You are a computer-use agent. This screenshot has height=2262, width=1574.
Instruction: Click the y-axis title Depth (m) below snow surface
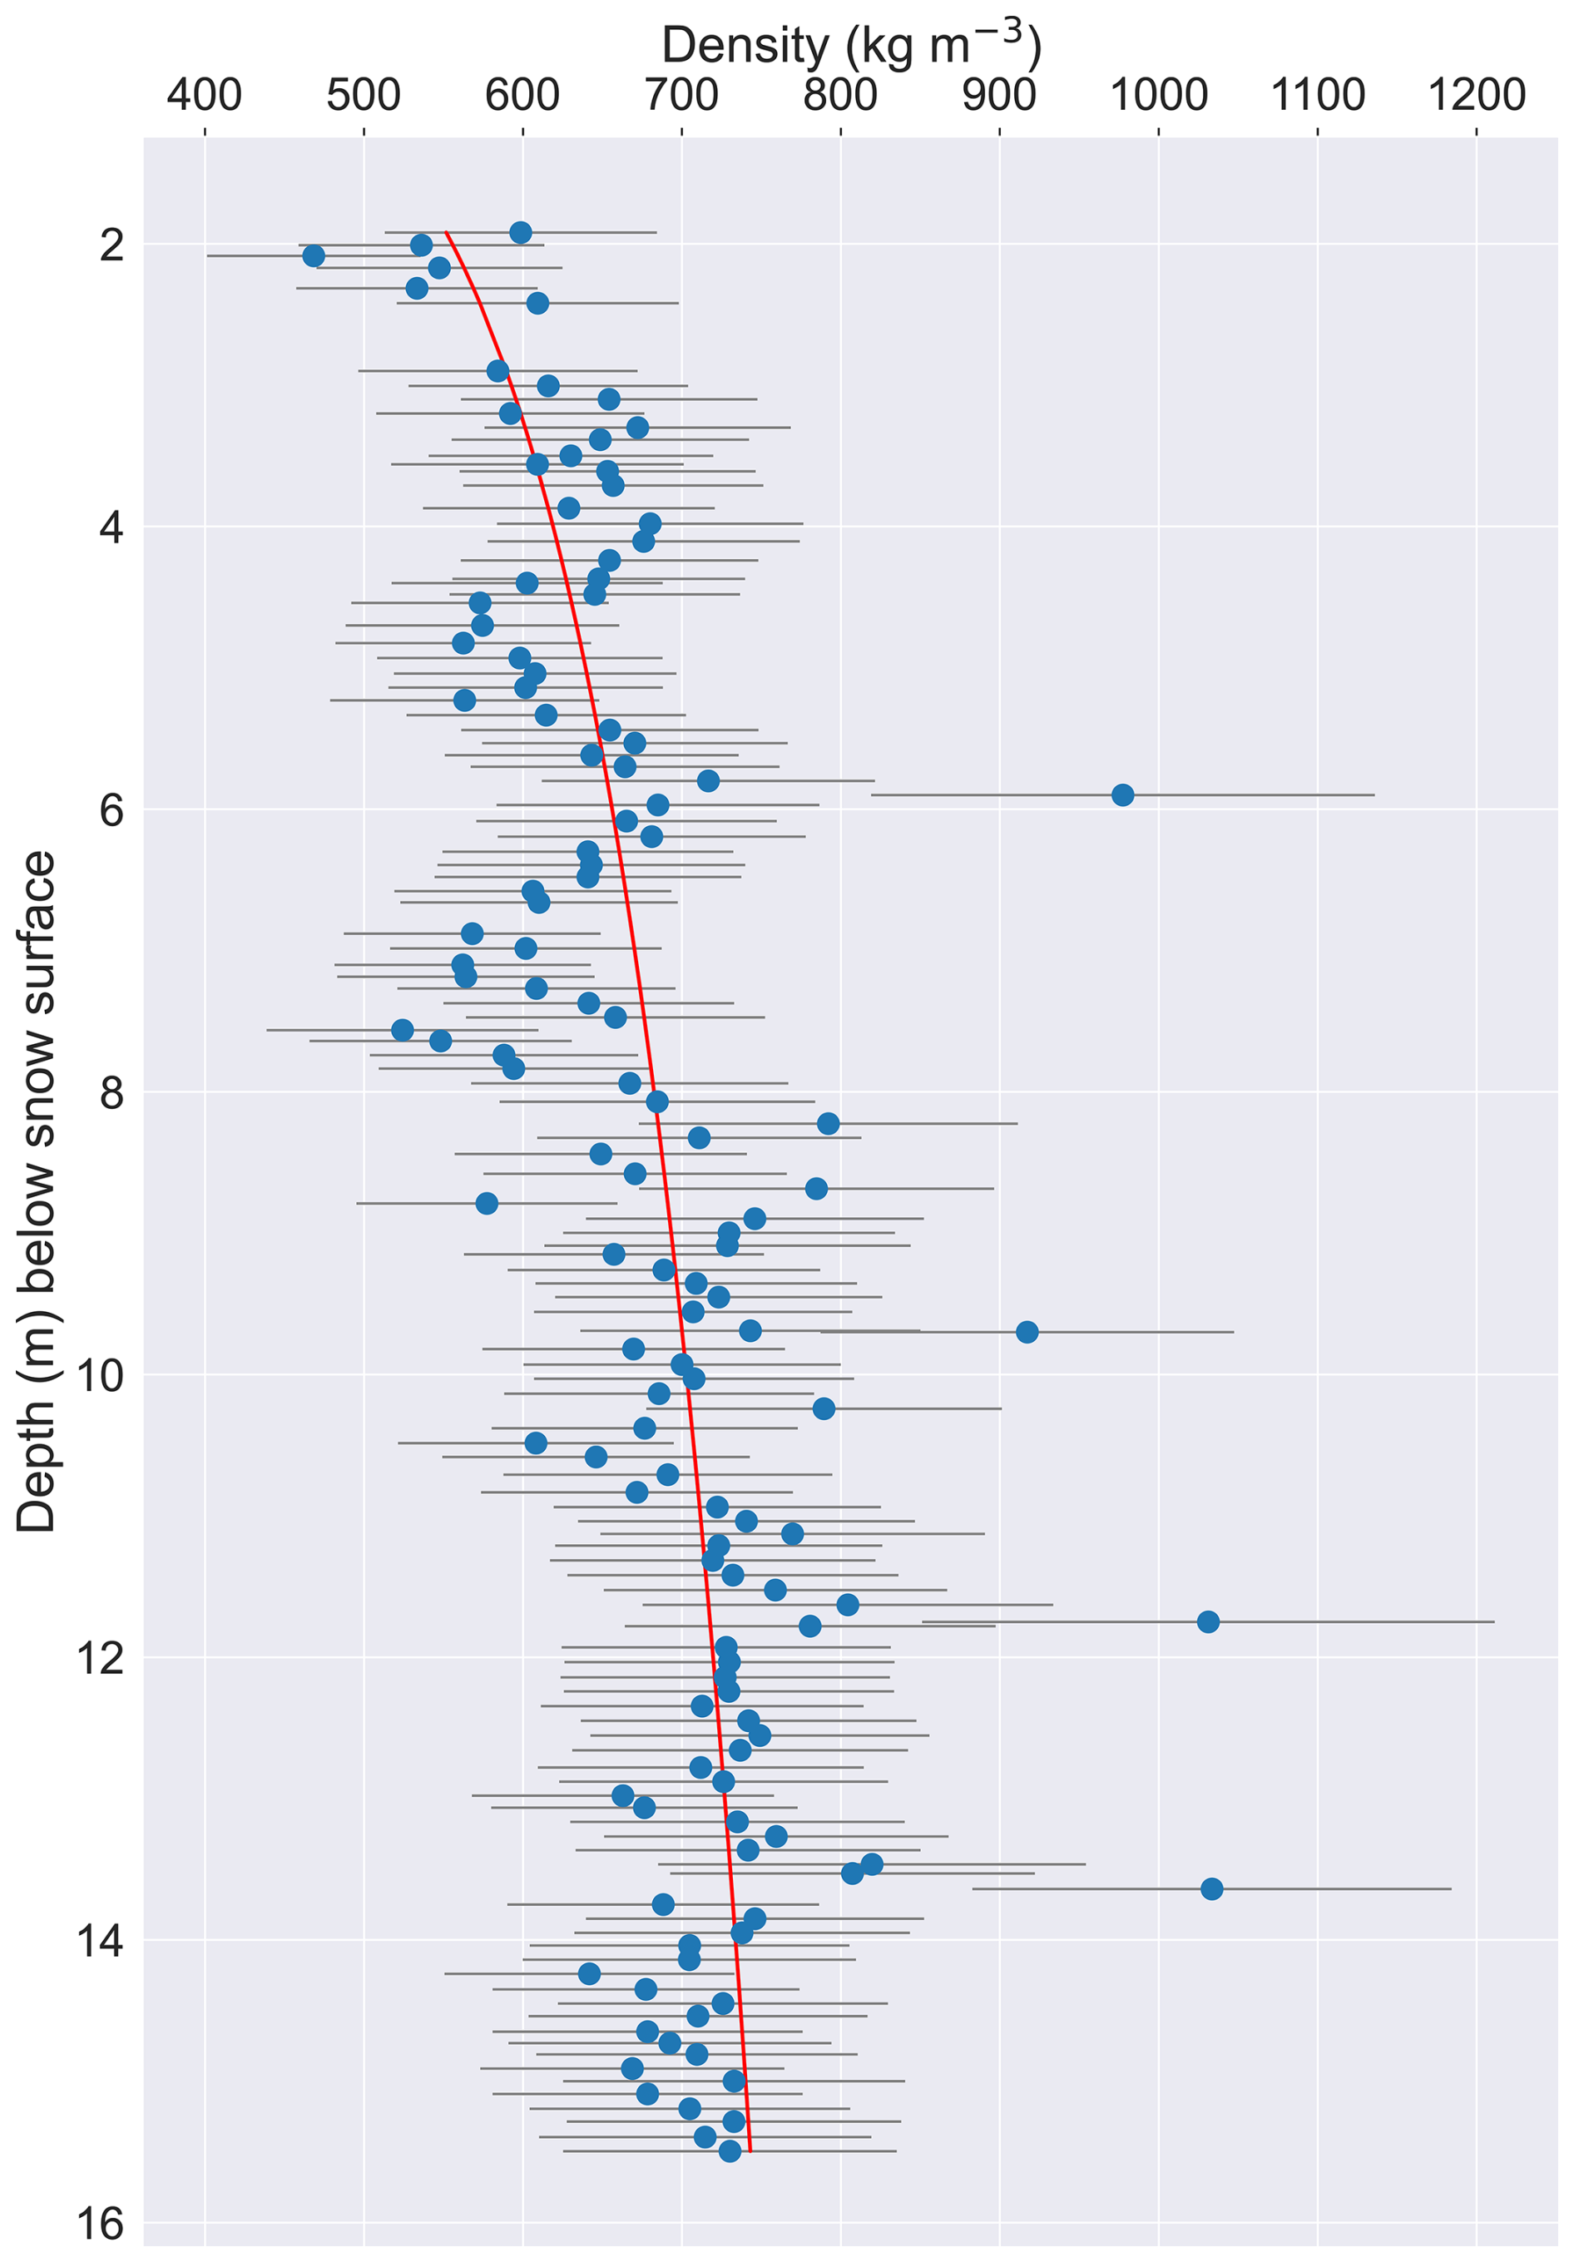tap(37, 1191)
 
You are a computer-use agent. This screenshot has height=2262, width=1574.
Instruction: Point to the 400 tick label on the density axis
tap(205, 96)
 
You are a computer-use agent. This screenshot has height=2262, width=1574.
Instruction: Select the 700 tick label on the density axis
tap(681, 96)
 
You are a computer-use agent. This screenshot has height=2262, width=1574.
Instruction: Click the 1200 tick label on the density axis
tap(1476, 96)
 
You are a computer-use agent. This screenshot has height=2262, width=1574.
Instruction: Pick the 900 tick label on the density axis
tap(1000, 96)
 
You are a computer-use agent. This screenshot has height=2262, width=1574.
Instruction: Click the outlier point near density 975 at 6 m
tap(1122, 794)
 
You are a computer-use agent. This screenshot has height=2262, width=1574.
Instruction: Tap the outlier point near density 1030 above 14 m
tap(1211, 1888)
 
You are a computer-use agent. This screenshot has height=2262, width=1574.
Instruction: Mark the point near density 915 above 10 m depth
tap(1027, 1332)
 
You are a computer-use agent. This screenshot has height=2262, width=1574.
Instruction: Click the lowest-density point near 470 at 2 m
tap(314, 256)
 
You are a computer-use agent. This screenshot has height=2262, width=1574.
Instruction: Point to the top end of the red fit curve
tap(446, 232)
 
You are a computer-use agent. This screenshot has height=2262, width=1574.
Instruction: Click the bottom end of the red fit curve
tap(750, 2150)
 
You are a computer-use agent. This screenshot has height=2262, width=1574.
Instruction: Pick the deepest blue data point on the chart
tap(730, 2151)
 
